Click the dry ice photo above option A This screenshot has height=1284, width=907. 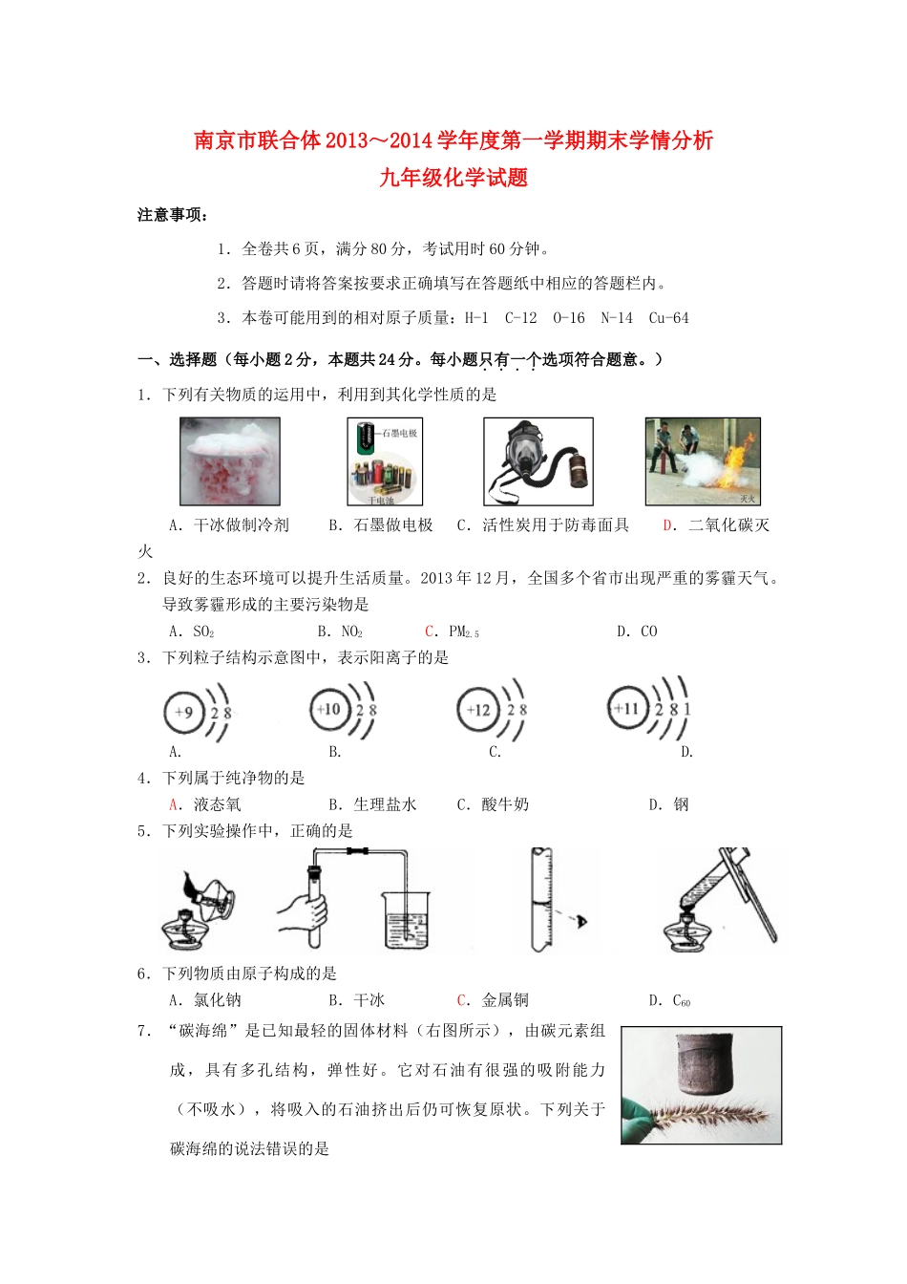click(x=230, y=461)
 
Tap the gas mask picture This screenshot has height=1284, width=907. click(x=538, y=461)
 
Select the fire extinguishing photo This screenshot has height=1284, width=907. click(x=703, y=461)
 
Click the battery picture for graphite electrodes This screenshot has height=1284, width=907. click(x=385, y=461)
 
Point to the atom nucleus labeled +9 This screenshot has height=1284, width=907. click(x=184, y=711)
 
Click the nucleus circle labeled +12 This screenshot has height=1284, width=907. click(x=477, y=710)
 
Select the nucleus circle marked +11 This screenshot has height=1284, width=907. click(x=627, y=709)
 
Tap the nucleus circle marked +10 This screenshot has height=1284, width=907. click(x=330, y=710)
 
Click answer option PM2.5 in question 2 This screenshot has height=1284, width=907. click(x=462, y=631)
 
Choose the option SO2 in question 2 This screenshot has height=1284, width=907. click(x=202, y=631)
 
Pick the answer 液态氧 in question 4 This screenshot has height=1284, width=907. click(x=216, y=804)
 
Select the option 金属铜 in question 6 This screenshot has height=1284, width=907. click(x=504, y=1000)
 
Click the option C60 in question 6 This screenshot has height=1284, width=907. click(x=681, y=1000)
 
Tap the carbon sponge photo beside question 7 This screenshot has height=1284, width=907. click(x=701, y=1085)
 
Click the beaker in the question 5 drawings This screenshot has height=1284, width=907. click(x=407, y=919)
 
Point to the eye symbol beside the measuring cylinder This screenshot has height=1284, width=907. click(x=580, y=921)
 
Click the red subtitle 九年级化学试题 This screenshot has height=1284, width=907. click(x=453, y=178)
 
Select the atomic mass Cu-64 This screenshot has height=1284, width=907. click(x=668, y=318)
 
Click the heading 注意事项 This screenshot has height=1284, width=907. click(x=172, y=215)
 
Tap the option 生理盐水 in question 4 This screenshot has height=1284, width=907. click(x=385, y=804)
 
